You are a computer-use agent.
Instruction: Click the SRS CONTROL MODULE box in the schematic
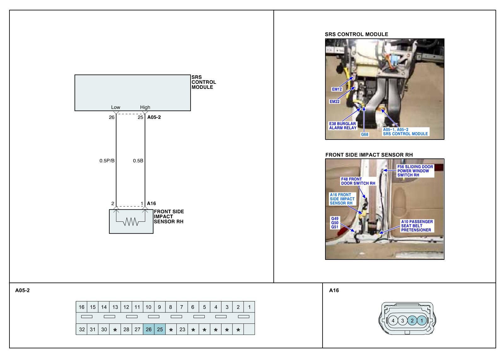click(132, 93)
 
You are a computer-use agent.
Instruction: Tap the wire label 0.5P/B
click(107, 161)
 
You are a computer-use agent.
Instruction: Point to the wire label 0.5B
click(138, 161)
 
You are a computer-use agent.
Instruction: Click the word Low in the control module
click(116, 107)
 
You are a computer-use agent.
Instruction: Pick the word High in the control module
click(145, 107)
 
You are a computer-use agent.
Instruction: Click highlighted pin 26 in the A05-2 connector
click(149, 329)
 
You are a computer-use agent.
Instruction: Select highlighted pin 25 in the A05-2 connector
click(160, 329)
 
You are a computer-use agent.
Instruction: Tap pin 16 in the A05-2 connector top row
click(82, 307)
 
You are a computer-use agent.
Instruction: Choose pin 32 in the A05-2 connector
click(82, 329)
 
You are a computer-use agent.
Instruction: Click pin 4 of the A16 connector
click(393, 321)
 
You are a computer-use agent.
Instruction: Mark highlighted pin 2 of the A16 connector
click(412, 321)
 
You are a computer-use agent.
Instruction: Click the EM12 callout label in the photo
click(337, 89)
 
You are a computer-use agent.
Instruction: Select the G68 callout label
click(364, 134)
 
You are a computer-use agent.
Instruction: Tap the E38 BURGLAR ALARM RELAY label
click(343, 126)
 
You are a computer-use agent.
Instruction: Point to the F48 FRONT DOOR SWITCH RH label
click(358, 181)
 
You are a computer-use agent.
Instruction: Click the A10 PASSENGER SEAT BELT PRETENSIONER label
click(417, 226)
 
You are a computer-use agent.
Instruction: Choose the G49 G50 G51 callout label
click(335, 223)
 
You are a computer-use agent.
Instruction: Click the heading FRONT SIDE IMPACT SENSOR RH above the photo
click(369, 155)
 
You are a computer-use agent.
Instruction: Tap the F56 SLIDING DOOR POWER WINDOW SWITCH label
click(415, 171)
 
